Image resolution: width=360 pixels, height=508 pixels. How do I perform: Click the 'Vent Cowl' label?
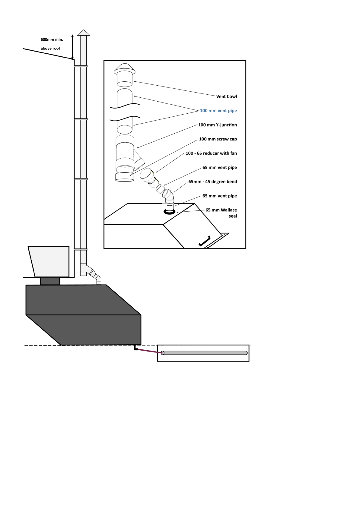(226, 96)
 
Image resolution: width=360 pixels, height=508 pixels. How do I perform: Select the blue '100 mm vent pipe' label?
(218, 111)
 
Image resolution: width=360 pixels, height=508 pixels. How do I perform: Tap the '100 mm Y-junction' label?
(217, 125)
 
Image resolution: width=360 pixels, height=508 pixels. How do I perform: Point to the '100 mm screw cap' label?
(218, 139)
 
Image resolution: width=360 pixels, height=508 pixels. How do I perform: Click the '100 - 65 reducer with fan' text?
(211, 153)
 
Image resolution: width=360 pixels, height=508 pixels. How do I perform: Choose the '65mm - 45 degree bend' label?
(212, 181)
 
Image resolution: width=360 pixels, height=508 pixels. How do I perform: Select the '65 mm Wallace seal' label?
(221, 213)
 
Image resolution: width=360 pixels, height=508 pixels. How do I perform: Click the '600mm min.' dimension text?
(52, 39)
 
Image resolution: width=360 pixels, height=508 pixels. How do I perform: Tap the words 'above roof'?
(50, 48)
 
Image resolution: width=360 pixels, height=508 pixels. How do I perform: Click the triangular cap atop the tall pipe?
(84, 33)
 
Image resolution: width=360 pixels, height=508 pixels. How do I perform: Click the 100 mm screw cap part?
(125, 177)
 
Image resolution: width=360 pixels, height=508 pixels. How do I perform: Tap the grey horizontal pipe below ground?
(204, 353)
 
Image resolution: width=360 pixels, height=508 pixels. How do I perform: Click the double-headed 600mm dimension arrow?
(72, 47)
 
